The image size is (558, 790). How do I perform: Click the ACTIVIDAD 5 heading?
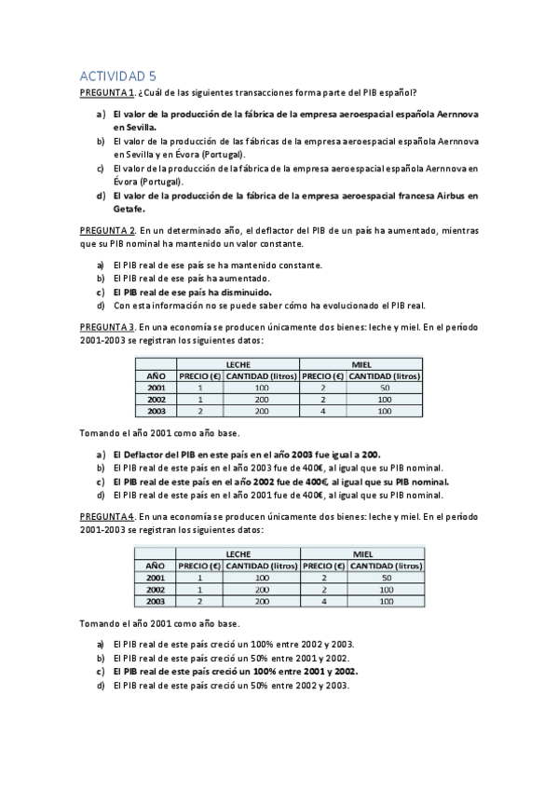pyautogui.click(x=116, y=77)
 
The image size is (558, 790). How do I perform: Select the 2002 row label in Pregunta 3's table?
pyautogui.click(x=156, y=399)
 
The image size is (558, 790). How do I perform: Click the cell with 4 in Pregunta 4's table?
pyautogui.click(x=323, y=601)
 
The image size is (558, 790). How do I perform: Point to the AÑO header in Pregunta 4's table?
pyautogui.click(x=155, y=565)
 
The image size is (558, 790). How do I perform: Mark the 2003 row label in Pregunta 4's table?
pyautogui.click(x=155, y=601)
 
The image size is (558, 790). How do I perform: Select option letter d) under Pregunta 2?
pyautogui.click(x=101, y=305)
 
